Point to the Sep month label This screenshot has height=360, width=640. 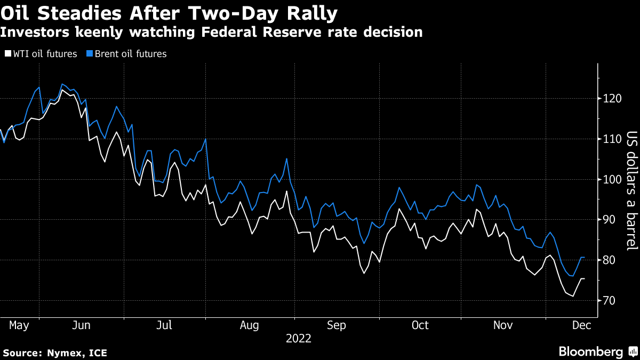click(336, 325)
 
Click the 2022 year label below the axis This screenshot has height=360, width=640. click(299, 338)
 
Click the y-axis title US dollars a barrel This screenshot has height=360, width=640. click(631, 191)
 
